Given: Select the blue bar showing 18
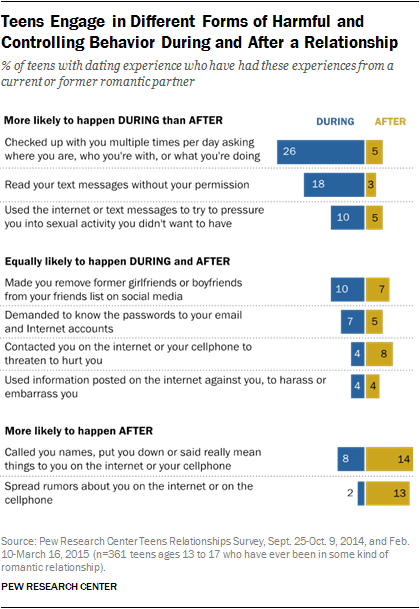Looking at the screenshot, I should point(334,186).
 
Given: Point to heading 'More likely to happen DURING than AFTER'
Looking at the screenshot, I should point(108,121).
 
